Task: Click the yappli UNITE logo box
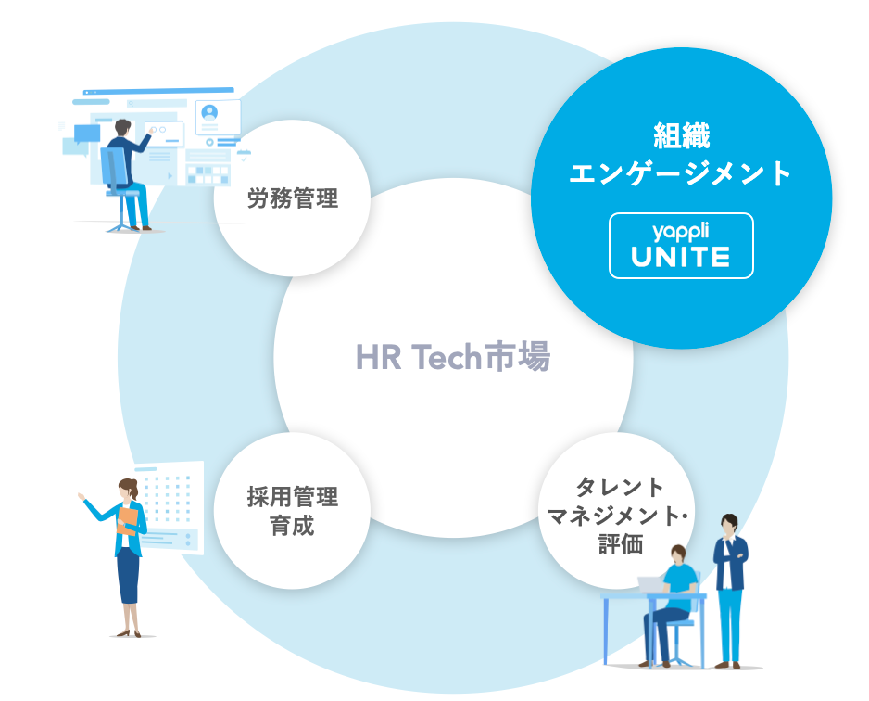[x=681, y=246]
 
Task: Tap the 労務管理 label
[x=293, y=198]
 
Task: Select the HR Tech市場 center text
[x=453, y=357]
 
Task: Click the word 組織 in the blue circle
[x=681, y=136]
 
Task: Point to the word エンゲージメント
[x=681, y=173]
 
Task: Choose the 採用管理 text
[x=293, y=496]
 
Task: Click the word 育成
[x=293, y=526]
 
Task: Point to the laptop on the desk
[x=652, y=585]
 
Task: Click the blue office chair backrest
[x=112, y=167]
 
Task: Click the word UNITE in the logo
[x=681, y=257]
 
